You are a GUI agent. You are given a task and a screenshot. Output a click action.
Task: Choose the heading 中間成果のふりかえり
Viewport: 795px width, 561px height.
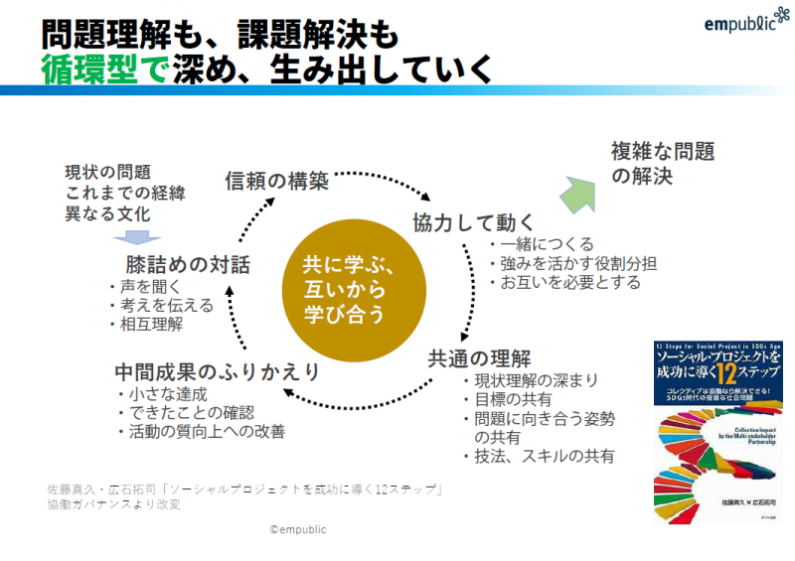[x=217, y=372]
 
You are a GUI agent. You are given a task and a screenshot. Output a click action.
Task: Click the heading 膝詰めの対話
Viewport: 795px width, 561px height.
[x=188, y=265]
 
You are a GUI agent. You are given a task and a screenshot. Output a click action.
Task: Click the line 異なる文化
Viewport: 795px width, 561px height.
[x=108, y=213]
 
